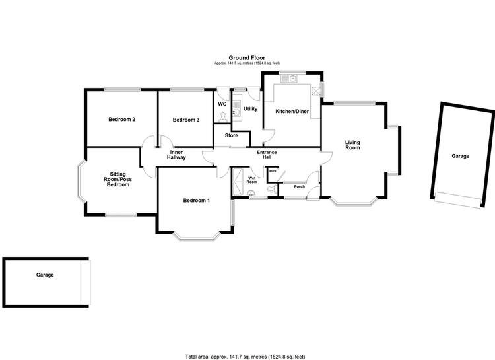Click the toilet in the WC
(223, 118)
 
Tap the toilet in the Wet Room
(271, 190)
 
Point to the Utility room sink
(237, 110)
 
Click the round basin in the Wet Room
(251, 192)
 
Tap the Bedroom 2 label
(122, 119)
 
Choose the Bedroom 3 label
(186, 120)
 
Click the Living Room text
(352, 145)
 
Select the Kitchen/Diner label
(292, 111)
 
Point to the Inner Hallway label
(176, 155)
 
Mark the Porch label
(299, 186)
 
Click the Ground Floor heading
(247, 58)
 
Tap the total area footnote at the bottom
(245, 357)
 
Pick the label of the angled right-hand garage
(460, 156)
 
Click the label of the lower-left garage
(45, 275)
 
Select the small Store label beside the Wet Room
(273, 171)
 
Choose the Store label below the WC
(232, 135)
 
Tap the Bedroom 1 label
(197, 200)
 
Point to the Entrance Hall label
(267, 155)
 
